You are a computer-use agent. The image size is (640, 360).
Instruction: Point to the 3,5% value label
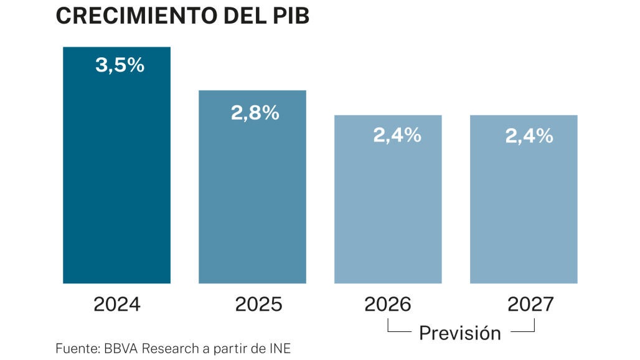120,65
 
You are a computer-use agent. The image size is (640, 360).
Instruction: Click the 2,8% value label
255,113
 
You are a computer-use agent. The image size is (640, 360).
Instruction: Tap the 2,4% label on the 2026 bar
397,135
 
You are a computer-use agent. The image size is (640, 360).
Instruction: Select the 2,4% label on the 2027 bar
529,135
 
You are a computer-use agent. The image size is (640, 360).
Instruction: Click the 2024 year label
117,304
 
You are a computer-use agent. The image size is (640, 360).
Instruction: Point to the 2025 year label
258,304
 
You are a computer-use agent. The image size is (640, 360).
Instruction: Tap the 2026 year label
388,304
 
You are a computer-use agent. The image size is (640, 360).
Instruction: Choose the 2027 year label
530,304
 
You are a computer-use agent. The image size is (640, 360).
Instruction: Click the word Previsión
459,333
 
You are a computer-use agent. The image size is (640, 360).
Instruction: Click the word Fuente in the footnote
73,348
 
